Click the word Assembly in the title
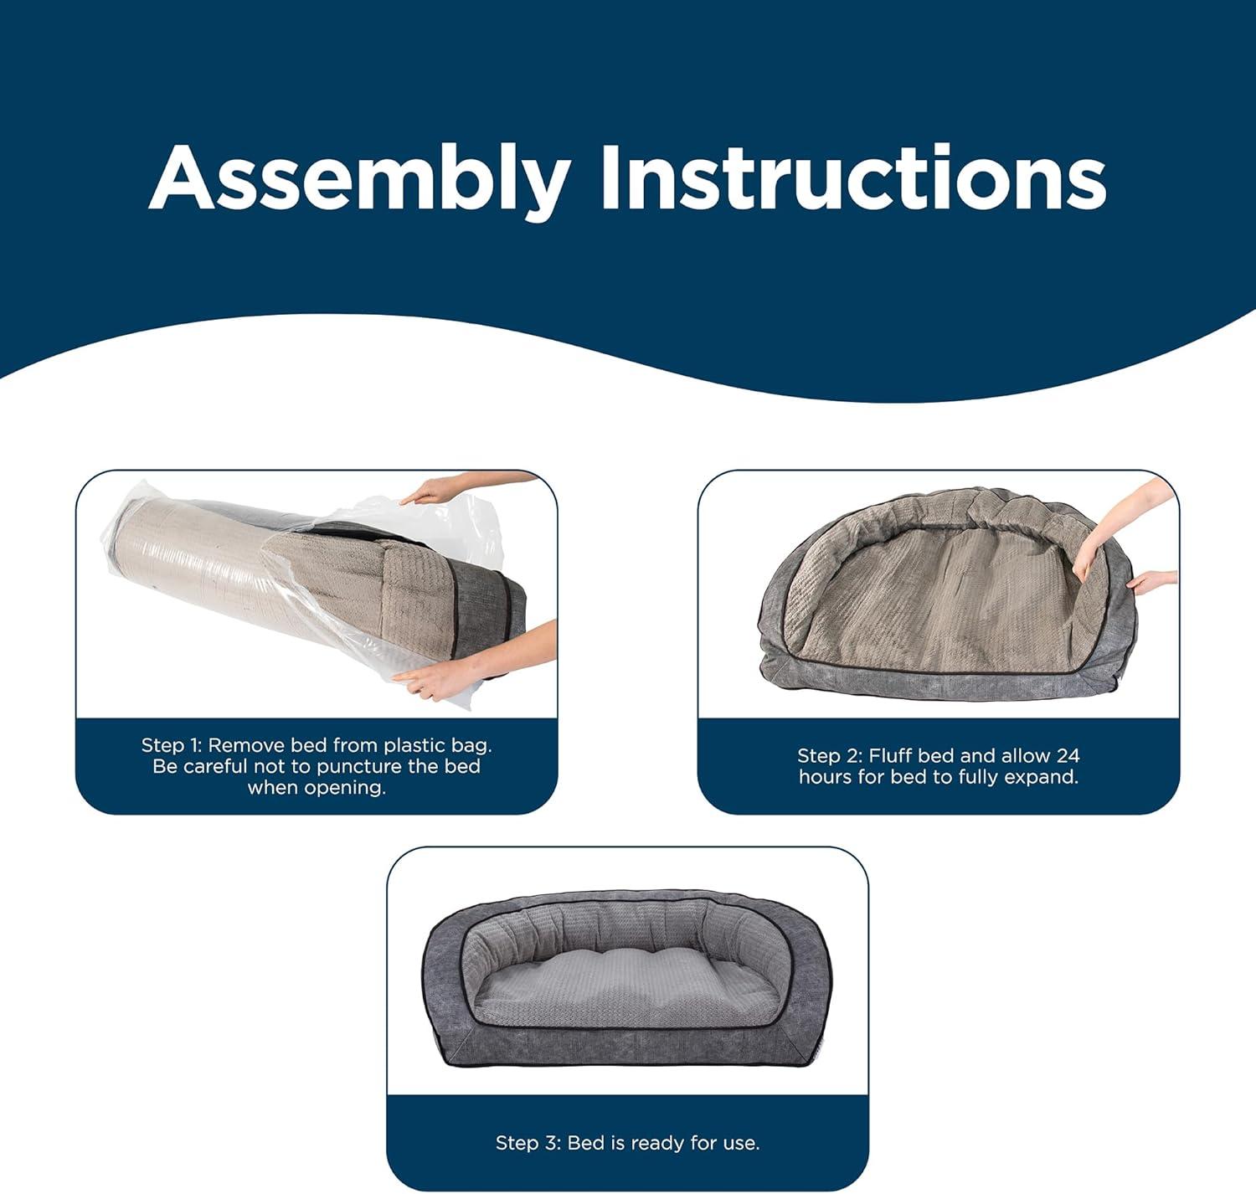coord(360,182)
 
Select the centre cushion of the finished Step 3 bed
coord(626,987)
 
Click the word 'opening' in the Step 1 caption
coord(347,789)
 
